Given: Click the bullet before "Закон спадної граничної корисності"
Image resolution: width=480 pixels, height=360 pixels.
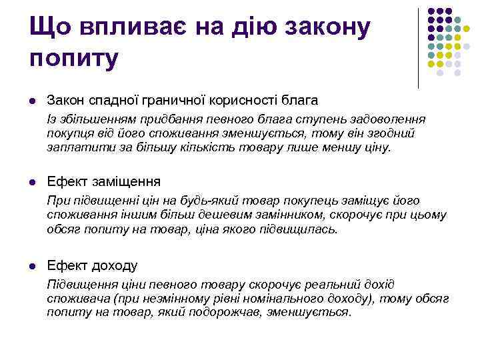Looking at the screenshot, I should pos(32,100).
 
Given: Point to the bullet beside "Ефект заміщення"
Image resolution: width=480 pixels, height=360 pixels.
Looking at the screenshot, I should pos(32,182).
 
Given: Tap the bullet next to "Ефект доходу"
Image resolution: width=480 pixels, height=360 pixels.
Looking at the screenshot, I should pos(32,265).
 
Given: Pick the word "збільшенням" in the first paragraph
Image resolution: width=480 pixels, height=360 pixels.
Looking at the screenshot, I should pos(92,119).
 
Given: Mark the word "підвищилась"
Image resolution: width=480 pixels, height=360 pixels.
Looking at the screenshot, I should pos(304,229).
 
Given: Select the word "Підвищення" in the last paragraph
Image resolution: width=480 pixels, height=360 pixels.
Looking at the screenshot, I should pos(79,284).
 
